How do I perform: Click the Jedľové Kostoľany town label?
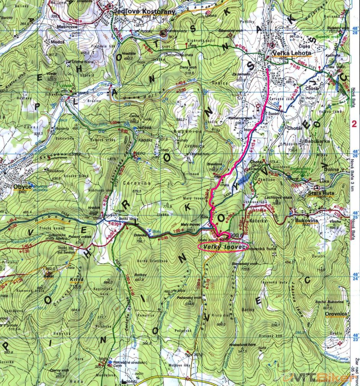[144, 12]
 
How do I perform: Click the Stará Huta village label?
[321, 193]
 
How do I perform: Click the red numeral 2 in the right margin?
[355, 124]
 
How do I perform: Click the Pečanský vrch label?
[193, 298]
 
